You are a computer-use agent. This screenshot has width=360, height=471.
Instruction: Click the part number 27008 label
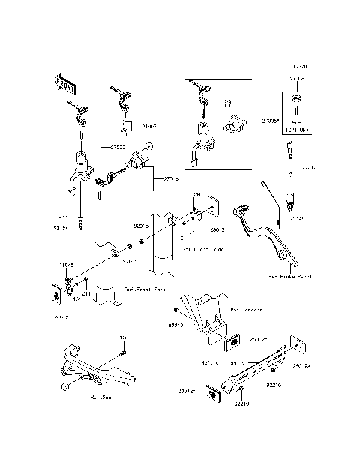coord(298,76)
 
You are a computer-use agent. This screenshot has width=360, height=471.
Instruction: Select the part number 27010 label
coord(310,168)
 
